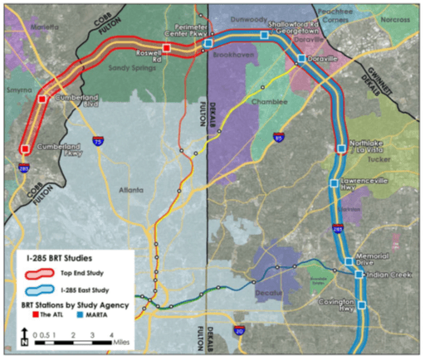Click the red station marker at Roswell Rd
click(x=167, y=49)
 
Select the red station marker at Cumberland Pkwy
click(x=25, y=149)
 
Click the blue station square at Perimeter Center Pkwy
click(x=209, y=42)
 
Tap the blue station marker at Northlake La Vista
click(x=341, y=149)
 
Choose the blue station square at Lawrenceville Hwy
click(x=334, y=183)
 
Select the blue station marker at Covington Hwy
click(x=359, y=302)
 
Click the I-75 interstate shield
click(x=99, y=143)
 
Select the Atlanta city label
click(x=131, y=188)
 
